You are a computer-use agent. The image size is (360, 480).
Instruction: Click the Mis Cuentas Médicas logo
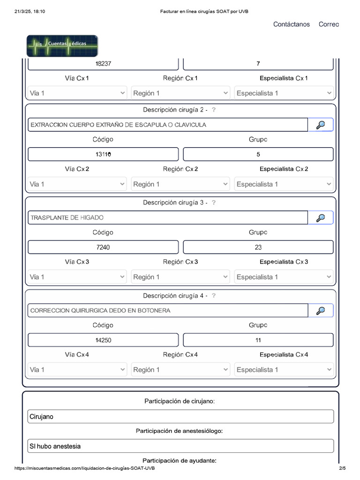pyautogui.click(x=62, y=46)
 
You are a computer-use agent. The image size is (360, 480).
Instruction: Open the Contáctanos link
pyautogui.click(x=291, y=24)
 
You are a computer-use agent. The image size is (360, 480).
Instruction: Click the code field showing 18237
pyautogui.click(x=103, y=64)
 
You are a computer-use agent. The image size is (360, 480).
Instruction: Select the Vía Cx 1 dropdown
pyautogui.click(x=77, y=93)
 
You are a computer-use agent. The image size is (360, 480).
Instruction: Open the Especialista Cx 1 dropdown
pyautogui.click(x=284, y=93)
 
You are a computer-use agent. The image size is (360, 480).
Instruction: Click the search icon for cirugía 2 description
pyautogui.click(x=321, y=125)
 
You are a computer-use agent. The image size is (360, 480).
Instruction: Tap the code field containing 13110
pyautogui.click(x=103, y=154)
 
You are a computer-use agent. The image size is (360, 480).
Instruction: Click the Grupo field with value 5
pyautogui.click(x=258, y=154)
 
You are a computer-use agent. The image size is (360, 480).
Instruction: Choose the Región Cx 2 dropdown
pyautogui.click(x=180, y=184)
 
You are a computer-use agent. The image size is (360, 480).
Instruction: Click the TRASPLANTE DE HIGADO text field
pyautogui.click(x=167, y=217)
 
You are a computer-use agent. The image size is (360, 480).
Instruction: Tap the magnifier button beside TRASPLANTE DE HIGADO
pyautogui.click(x=321, y=217)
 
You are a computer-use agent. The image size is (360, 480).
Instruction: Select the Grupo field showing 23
pyautogui.click(x=258, y=247)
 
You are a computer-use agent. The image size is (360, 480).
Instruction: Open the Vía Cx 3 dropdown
pyautogui.click(x=77, y=277)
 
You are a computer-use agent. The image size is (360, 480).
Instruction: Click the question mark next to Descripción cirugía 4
pyautogui.click(x=214, y=296)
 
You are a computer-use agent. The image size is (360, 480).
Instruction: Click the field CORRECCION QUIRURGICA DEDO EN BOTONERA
pyautogui.click(x=167, y=310)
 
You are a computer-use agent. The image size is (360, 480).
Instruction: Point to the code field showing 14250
pyautogui.click(x=103, y=340)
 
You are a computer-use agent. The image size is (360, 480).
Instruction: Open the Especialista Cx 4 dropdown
pyautogui.click(x=284, y=370)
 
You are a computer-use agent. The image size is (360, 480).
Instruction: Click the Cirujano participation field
pyautogui.click(x=180, y=416)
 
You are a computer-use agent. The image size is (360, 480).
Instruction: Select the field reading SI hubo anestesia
pyautogui.click(x=180, y=446)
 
